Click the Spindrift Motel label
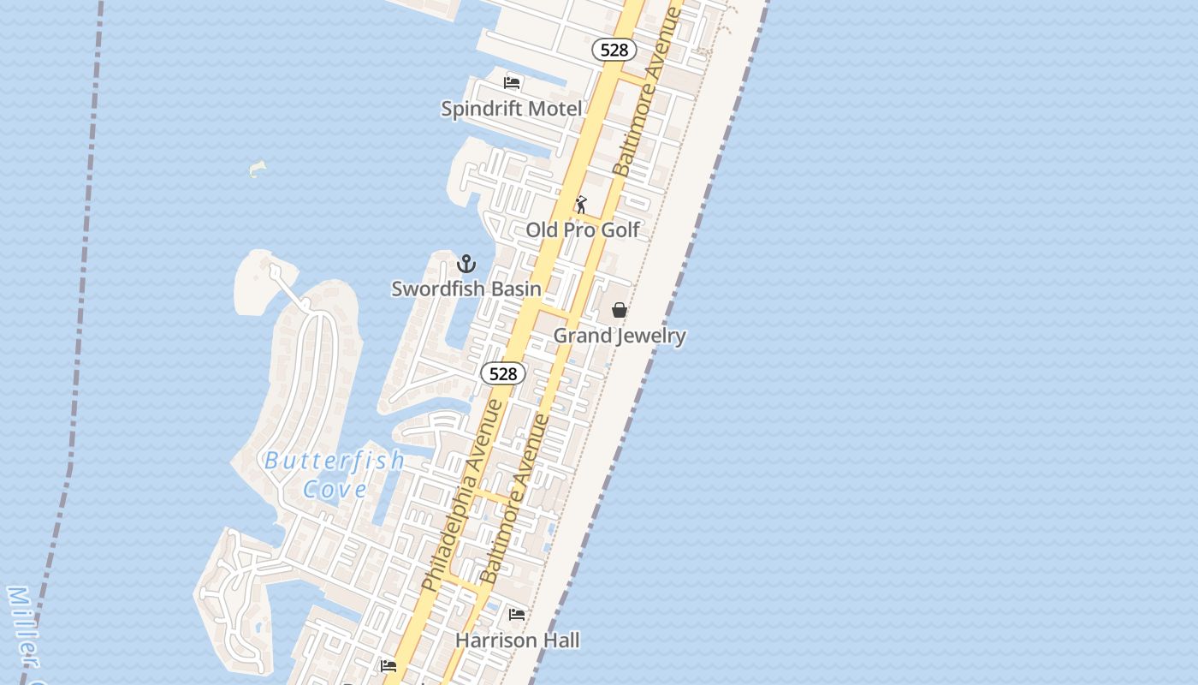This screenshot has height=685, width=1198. tap(511, 109)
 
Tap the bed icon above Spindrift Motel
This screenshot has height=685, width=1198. tap(512, 83)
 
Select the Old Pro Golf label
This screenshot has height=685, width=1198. tap(583, 229)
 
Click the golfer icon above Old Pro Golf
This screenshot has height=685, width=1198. tap(581, 205)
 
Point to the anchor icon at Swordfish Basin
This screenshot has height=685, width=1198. tap(466, 264)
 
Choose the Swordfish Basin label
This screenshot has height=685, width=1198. tap(466, 289)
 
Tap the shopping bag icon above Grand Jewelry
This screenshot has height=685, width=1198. tap(620, 310)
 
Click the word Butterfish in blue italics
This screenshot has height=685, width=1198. tap(335, 461)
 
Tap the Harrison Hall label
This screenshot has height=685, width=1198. tap(517, 640)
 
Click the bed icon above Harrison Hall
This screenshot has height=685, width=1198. tap(517, 615)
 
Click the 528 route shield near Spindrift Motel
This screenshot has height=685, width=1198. tap(614, 50)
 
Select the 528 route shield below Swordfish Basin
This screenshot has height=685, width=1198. tap(503, 373)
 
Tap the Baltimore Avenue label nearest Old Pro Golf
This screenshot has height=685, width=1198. tap(648, 92)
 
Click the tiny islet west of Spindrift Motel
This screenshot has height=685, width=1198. tap(257, 169)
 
